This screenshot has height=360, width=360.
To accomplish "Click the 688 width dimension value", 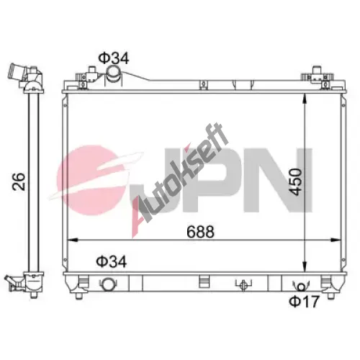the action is coord(200,232).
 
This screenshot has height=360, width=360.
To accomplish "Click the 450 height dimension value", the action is coord(295,182).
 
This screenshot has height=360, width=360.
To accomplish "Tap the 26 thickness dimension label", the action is coord(19,181).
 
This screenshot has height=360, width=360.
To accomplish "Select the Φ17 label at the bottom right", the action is coord(305,302).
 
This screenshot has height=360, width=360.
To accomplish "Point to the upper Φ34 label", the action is coord(114,58).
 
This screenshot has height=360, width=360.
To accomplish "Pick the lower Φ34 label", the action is coord(112,261).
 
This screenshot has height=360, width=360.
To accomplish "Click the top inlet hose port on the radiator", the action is coord(114,74).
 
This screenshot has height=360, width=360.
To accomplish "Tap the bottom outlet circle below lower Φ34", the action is coord(108,284).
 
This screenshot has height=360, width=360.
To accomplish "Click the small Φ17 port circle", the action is coord(301,287).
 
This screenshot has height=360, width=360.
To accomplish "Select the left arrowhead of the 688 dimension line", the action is coord(73,240).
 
